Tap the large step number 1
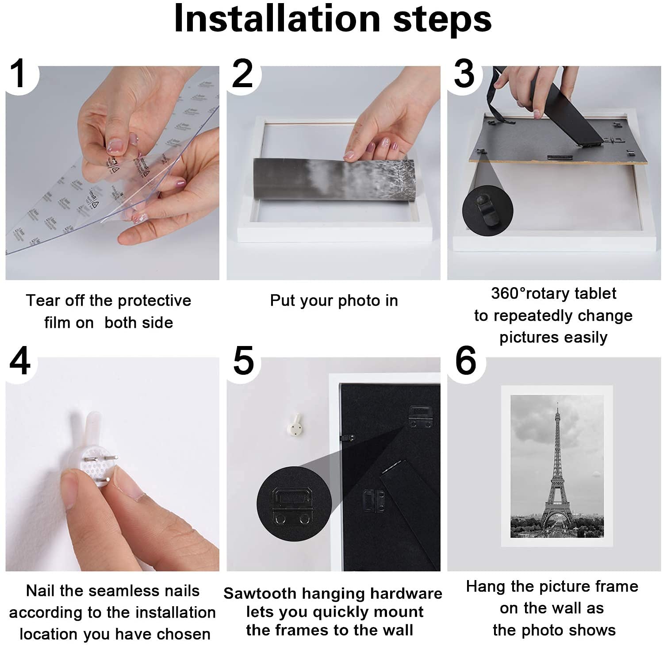point(19,74)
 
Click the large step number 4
point(20,361)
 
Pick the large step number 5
point(243,361)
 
